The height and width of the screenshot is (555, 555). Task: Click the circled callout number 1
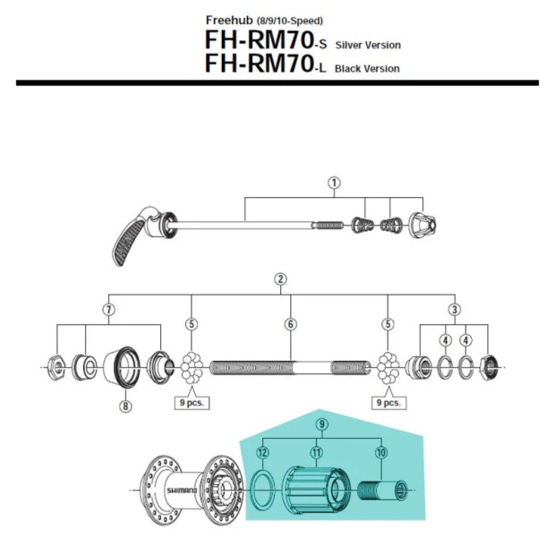pos(334,183)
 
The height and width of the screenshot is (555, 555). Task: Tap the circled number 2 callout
pos(280,279)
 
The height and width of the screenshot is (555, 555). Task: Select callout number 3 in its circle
pos(454,309)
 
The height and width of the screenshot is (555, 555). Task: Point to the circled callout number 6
pos(290,324)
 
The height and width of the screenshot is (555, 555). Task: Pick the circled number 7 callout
pos(108,309)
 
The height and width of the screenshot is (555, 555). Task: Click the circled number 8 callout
pos(124,406)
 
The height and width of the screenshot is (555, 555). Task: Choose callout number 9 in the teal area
pos(321,423)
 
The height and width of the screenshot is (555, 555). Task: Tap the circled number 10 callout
pos(380,454)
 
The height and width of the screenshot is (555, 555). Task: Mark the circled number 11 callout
pos(315,454)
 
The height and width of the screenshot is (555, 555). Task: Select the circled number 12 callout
pos(262,454)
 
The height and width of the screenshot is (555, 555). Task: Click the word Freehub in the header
pos(230,20)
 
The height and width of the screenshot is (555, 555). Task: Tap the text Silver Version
pos(368,45)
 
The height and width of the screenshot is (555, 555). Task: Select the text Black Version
pos(367,69)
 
